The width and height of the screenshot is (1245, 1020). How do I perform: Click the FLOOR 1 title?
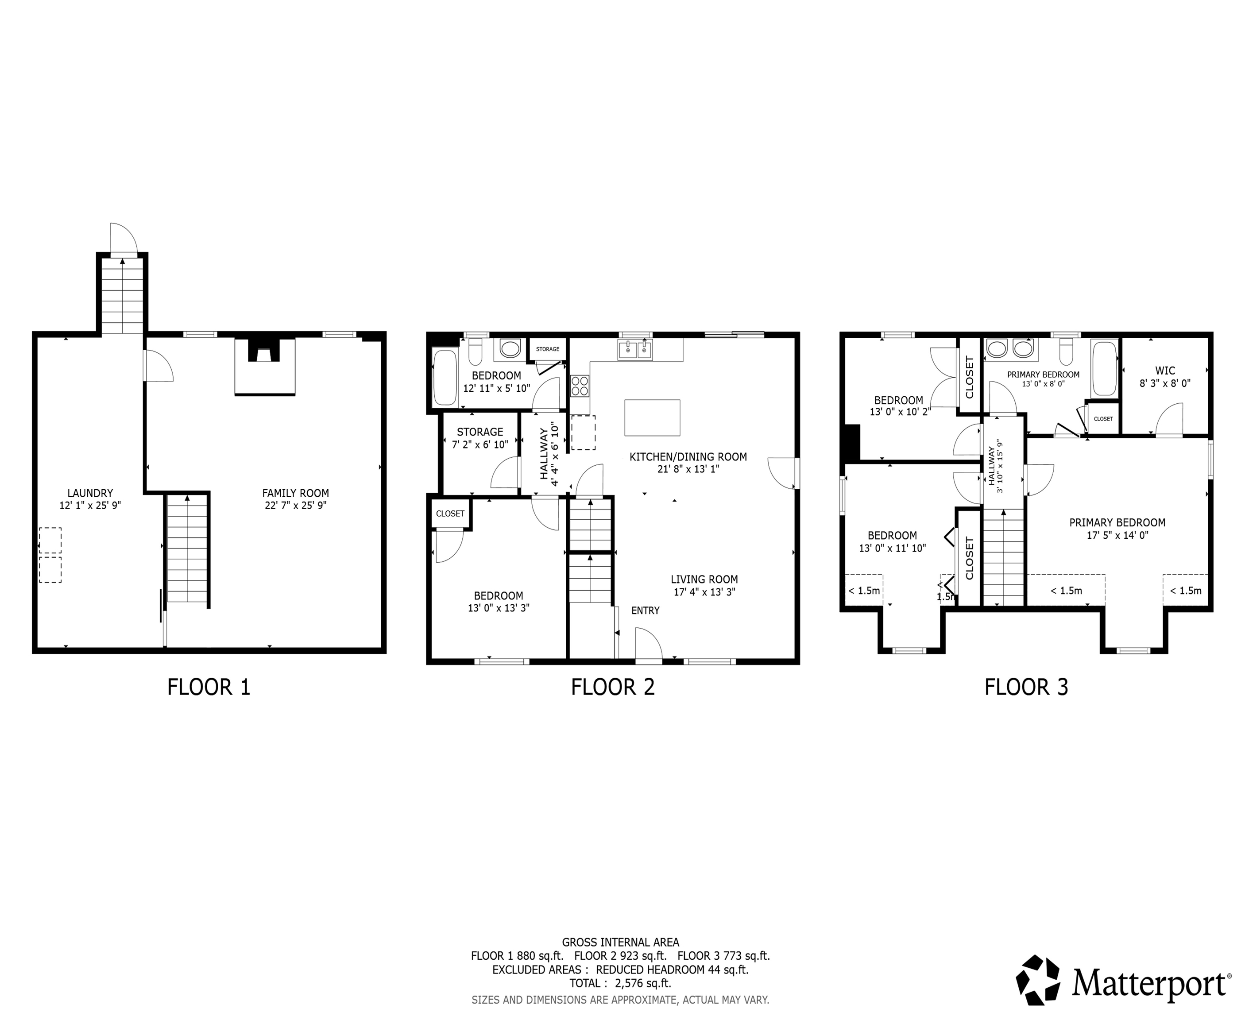click(209, 687)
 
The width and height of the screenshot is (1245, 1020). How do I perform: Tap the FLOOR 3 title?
click(1026, 687)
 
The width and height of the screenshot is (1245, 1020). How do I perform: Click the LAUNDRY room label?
click(90, 493)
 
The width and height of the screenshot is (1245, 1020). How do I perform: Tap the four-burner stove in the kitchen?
click(580, 386)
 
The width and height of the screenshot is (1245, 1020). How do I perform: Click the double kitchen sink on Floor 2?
click(635, 350)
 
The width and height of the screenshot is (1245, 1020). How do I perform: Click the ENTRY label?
click(645, 610)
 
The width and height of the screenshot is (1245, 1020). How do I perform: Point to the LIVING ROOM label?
click(704, 580)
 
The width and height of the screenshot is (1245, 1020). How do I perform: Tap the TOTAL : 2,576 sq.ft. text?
click(620, 983)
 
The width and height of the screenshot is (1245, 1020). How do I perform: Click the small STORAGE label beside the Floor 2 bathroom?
click(548, 349)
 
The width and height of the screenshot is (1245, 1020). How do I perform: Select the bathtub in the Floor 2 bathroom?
click(445, 377)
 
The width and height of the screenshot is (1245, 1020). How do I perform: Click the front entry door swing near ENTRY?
click(649, 645)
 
